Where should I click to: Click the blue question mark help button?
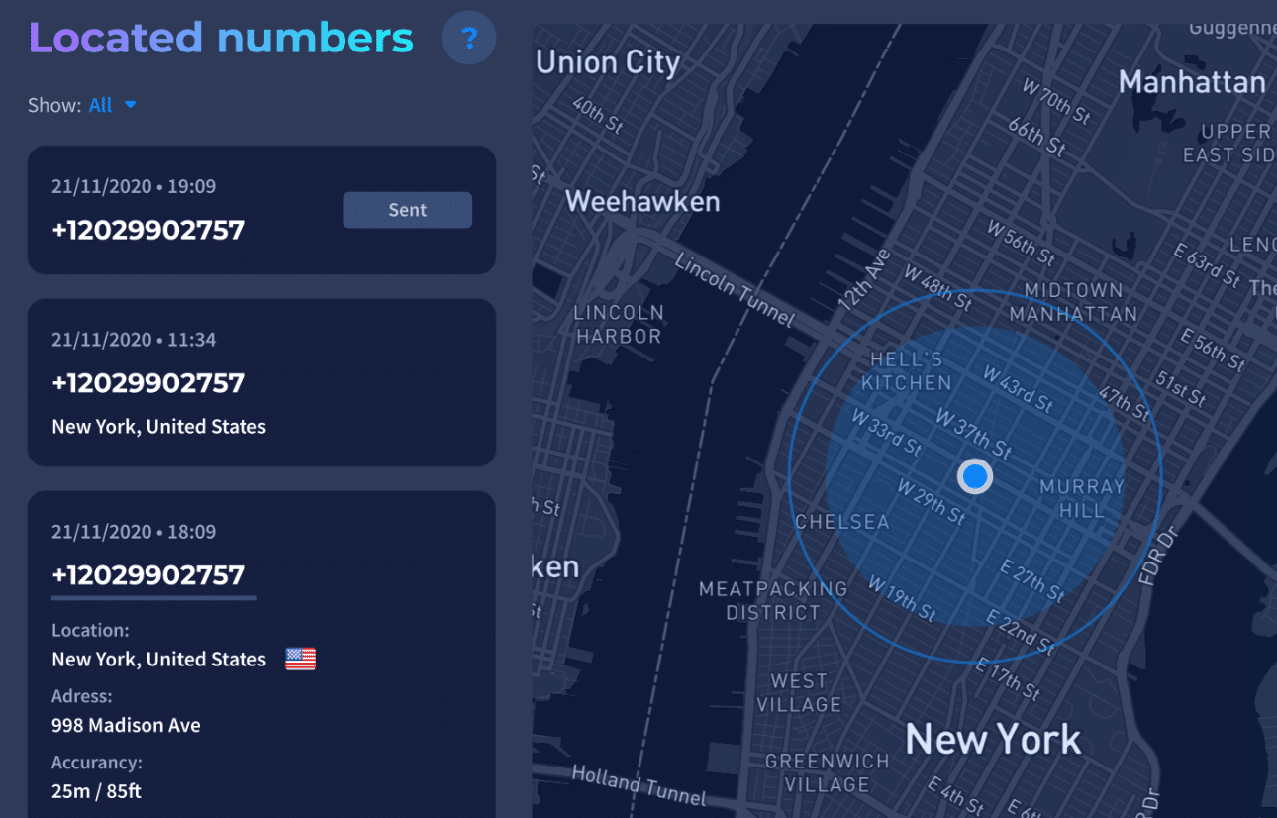coord(469,39)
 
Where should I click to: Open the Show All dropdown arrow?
coord(130,105)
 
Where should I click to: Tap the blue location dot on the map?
coord(975,477)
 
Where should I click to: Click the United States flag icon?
coord(300,659)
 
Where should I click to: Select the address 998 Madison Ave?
coord(126,725)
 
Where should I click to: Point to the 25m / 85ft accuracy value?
coord(97,790)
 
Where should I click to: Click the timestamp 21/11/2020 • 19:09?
coord(134,186)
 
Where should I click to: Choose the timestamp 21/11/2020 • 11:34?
coord(134,340)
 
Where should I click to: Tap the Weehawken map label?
coord(642,202)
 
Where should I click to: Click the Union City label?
coord(608,63)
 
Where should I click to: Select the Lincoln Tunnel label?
coord(735,289)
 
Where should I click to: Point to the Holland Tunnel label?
coord(639,785)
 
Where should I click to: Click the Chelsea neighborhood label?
coord(842,522)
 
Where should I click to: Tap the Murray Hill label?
coord(1082,499)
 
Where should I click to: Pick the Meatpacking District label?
coord(773,600)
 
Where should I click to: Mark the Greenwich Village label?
coord(827,773)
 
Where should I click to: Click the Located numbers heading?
coord(221,38)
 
